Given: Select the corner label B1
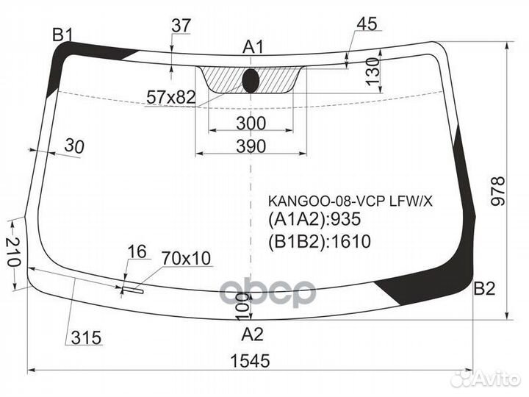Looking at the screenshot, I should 62,34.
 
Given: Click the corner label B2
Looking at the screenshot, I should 484,288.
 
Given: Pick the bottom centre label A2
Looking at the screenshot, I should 252,335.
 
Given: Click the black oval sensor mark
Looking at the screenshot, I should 251,81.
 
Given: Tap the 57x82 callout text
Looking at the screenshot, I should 171,96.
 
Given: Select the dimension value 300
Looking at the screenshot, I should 252,122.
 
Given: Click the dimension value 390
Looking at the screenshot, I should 251,146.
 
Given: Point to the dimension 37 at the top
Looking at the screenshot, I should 181,25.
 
